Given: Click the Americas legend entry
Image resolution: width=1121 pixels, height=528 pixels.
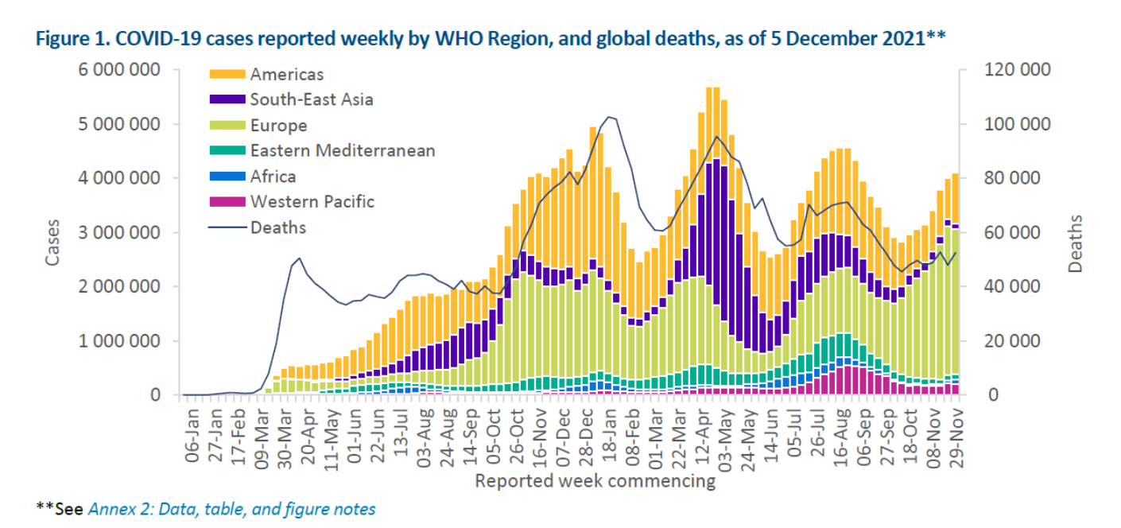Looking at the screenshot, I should (x=287, y=75).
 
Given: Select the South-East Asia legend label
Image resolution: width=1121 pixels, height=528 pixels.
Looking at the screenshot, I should (x=311, y=100).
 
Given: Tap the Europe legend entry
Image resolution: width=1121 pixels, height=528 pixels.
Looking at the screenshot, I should (x=278, y=126).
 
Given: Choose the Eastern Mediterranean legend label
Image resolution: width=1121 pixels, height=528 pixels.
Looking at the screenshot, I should (x=342, y=151).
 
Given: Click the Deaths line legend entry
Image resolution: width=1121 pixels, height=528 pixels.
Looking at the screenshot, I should (x=277, y=227).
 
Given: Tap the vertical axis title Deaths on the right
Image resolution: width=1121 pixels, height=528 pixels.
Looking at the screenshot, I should (x=1075, y=243).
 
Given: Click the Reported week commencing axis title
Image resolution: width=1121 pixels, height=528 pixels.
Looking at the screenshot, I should (x=595, y=481).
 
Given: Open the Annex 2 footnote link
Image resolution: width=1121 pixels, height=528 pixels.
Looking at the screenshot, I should (x=231, y=508).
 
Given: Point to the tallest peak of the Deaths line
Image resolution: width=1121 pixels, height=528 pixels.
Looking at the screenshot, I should (x=609, y=117).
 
